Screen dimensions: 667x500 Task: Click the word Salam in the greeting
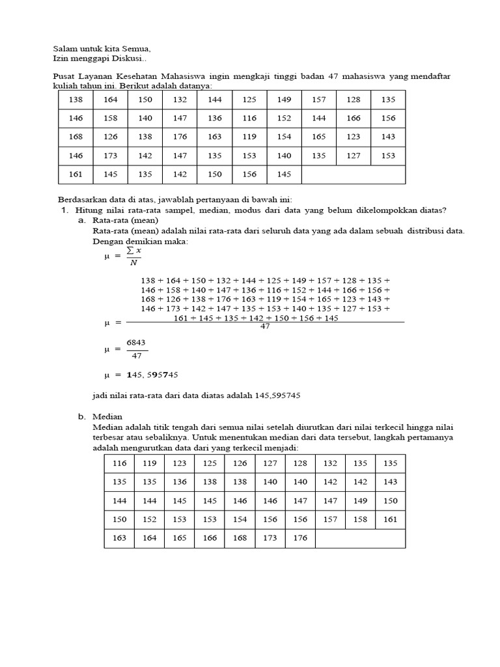(x=64, y=48)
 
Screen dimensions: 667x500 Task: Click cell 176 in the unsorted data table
(x=180, y=137)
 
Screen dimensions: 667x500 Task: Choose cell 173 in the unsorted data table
(x=111, y=156)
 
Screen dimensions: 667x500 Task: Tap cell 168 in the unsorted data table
(x=76, y=137)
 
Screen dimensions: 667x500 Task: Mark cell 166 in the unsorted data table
(x=354, y=118)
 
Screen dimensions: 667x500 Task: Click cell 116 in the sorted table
(x=119, y=463)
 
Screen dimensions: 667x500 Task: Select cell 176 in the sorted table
(x=300, y=538)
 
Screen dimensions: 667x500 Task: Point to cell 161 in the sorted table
(x=389, y=519)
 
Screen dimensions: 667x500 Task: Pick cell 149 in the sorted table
(x=360, y=501)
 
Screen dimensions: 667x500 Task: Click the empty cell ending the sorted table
(x=360, y=538)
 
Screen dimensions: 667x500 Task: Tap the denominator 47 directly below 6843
(x=137, y=356)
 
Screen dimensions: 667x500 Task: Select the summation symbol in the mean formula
(x=130, y=251)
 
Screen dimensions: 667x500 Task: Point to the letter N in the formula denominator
(x=133, y=263)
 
